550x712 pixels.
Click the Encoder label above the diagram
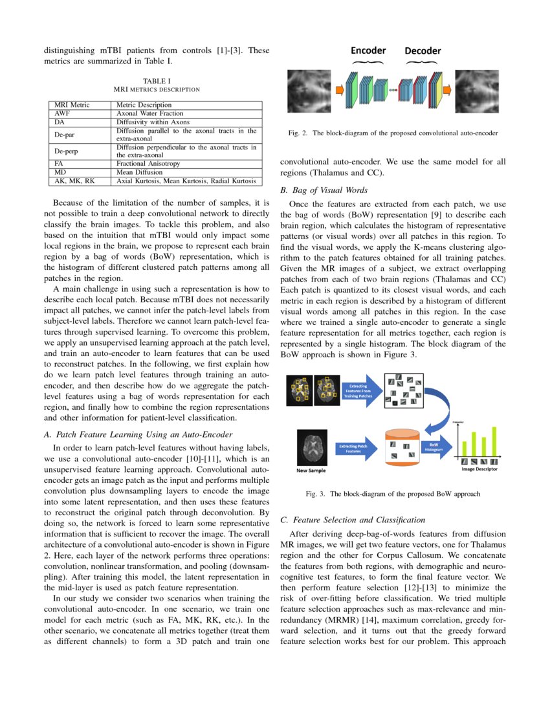click(x=368, y=50)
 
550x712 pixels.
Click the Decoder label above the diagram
click(x=423, y=51)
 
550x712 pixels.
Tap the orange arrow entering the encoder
click(x=338, y=89)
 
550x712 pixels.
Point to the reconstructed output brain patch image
click(x=477, y=89)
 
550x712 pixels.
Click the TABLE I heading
click(x=156, y=81)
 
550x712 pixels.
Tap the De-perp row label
click(x=66, y=151)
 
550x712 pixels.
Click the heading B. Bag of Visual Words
click(x=324, y=190)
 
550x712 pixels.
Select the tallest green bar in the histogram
click(x=495, y=440)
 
